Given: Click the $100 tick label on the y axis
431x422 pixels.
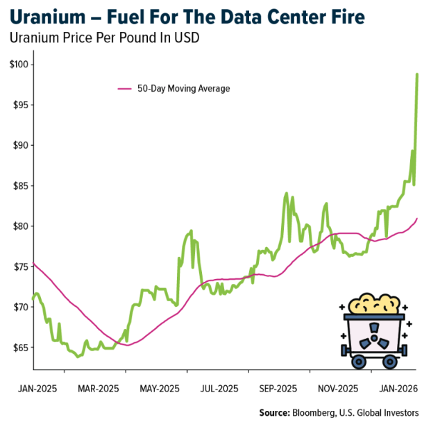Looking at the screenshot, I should tap(18, 65).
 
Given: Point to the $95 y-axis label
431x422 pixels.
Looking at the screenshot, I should tap(19, 105).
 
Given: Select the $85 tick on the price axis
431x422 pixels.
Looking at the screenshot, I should tap(19, 185).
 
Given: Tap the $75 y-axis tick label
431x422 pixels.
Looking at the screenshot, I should tap(19, 267).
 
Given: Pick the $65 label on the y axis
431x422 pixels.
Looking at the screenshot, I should tap(19, 347).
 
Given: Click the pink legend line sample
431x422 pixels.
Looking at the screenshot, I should tap(125, 89).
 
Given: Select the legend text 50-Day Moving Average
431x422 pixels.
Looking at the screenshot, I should tap(183, 89).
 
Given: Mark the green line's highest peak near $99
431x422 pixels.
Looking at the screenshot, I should tap(417, 74).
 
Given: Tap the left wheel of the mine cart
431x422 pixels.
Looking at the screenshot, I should tap(359, 361).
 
